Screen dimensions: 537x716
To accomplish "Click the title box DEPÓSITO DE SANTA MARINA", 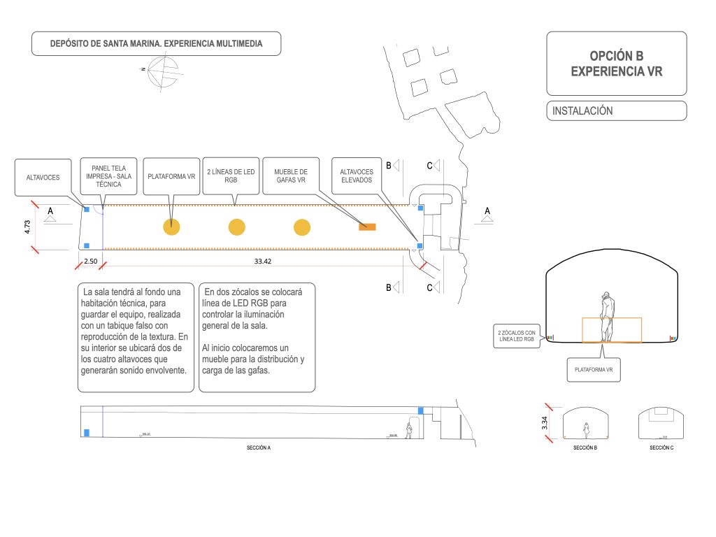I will [x=157, y=43].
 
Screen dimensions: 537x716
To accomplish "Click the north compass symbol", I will [x=162, y=71].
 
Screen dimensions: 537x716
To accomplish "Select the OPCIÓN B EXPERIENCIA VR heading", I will [x=616, y=64].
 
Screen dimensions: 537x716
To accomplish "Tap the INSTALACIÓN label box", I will [x=616, y=110].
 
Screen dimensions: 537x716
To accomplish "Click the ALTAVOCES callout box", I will [x=43, y=178].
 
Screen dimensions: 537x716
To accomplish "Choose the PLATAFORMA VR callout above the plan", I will [x=171, y=177].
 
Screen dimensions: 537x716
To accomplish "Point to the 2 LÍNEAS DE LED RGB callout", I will [x=231, y=176].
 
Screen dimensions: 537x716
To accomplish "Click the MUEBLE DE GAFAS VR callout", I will [x=291, y=176].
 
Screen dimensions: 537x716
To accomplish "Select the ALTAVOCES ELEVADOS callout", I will [x=356, y=176].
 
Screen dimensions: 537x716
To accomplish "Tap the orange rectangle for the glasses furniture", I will [x=367, y=227].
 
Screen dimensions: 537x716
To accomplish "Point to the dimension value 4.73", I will [x=27, y=227].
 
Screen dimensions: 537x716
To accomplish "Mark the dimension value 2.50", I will [x=91, y=261].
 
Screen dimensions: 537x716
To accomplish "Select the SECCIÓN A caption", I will [x=259, y=447].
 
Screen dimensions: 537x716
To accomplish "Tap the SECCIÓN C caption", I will [x=661, y=447].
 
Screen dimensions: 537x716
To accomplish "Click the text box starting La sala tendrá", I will [x=136, y=338].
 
